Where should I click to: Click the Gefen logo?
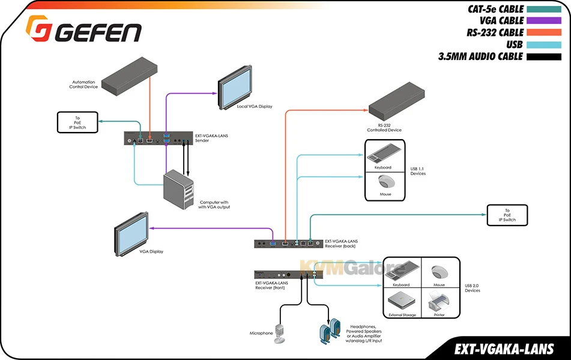coord(83,29)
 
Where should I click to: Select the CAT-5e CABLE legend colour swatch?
coord(541,9)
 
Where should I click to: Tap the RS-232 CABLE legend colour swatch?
coord(541,32)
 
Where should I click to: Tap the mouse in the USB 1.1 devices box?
coord(385,182)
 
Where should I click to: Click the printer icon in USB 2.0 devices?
coord(441,300)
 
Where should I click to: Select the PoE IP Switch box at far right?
coord(509,215)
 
